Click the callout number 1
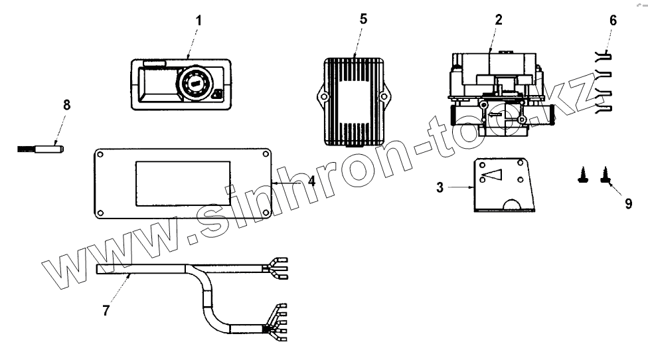tap(197, 20)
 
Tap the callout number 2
tap(498, 20)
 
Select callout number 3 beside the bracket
tap(440, 188)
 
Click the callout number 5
tap(363, 19)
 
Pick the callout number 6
tap(612, 20)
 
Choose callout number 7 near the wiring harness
tap(106, 310)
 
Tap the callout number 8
tap(65, 105)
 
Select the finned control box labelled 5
tap(354, 100)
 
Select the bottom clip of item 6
tap(603, 107)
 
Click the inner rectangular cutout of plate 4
tap(183, 182)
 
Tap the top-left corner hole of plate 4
tap(100, 155)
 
